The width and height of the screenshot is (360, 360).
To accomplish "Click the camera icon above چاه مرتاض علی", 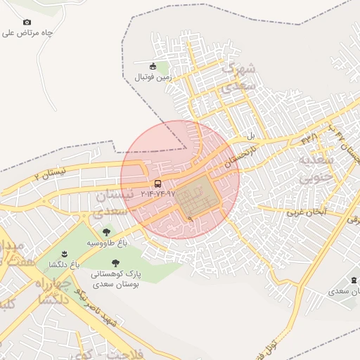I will click(27, 22).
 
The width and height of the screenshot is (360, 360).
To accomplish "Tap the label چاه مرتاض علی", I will click(28, 32).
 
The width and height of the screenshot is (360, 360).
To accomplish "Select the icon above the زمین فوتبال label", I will click(153, 66).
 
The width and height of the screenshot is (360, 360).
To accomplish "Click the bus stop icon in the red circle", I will click(157, 183).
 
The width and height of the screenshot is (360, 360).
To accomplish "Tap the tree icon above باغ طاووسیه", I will click(106, 231).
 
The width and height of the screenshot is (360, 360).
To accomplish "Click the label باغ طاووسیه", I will click(106, 242).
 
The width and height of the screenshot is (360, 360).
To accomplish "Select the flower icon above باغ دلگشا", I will click(64, 254).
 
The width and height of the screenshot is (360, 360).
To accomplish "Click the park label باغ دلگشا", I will click(64, 264).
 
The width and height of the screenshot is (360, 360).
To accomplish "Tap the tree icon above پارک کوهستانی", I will click(116, 263).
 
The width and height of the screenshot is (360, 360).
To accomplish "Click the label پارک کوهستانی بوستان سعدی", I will click(116, 278).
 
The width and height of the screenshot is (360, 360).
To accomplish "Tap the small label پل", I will click(250, 135).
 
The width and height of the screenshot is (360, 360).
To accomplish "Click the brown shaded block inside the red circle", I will click(198, 197).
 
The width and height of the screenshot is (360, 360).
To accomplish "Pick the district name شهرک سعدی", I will click(240, 77).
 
